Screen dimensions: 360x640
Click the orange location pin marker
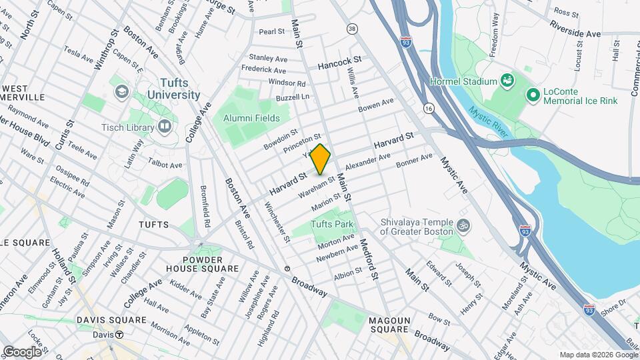click(x=321, y=159)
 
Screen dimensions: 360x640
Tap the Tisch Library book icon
click(x=164, y=127)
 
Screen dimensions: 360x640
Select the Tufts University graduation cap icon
click(x=121, y=91)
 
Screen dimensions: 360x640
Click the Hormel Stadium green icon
click(x=508, y=81)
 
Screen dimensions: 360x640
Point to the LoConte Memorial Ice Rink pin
click(x=533, y=95)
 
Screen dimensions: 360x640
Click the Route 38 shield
click(x=352, y=29)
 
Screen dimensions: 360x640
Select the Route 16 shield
click(x=428, y=108)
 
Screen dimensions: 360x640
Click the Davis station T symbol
click(x=119, y=335)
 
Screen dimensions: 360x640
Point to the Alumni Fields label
click(x=252, y=118)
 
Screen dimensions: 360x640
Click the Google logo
click(x=22, y=351)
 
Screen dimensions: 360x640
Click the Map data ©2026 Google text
click(x=597, y=355)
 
